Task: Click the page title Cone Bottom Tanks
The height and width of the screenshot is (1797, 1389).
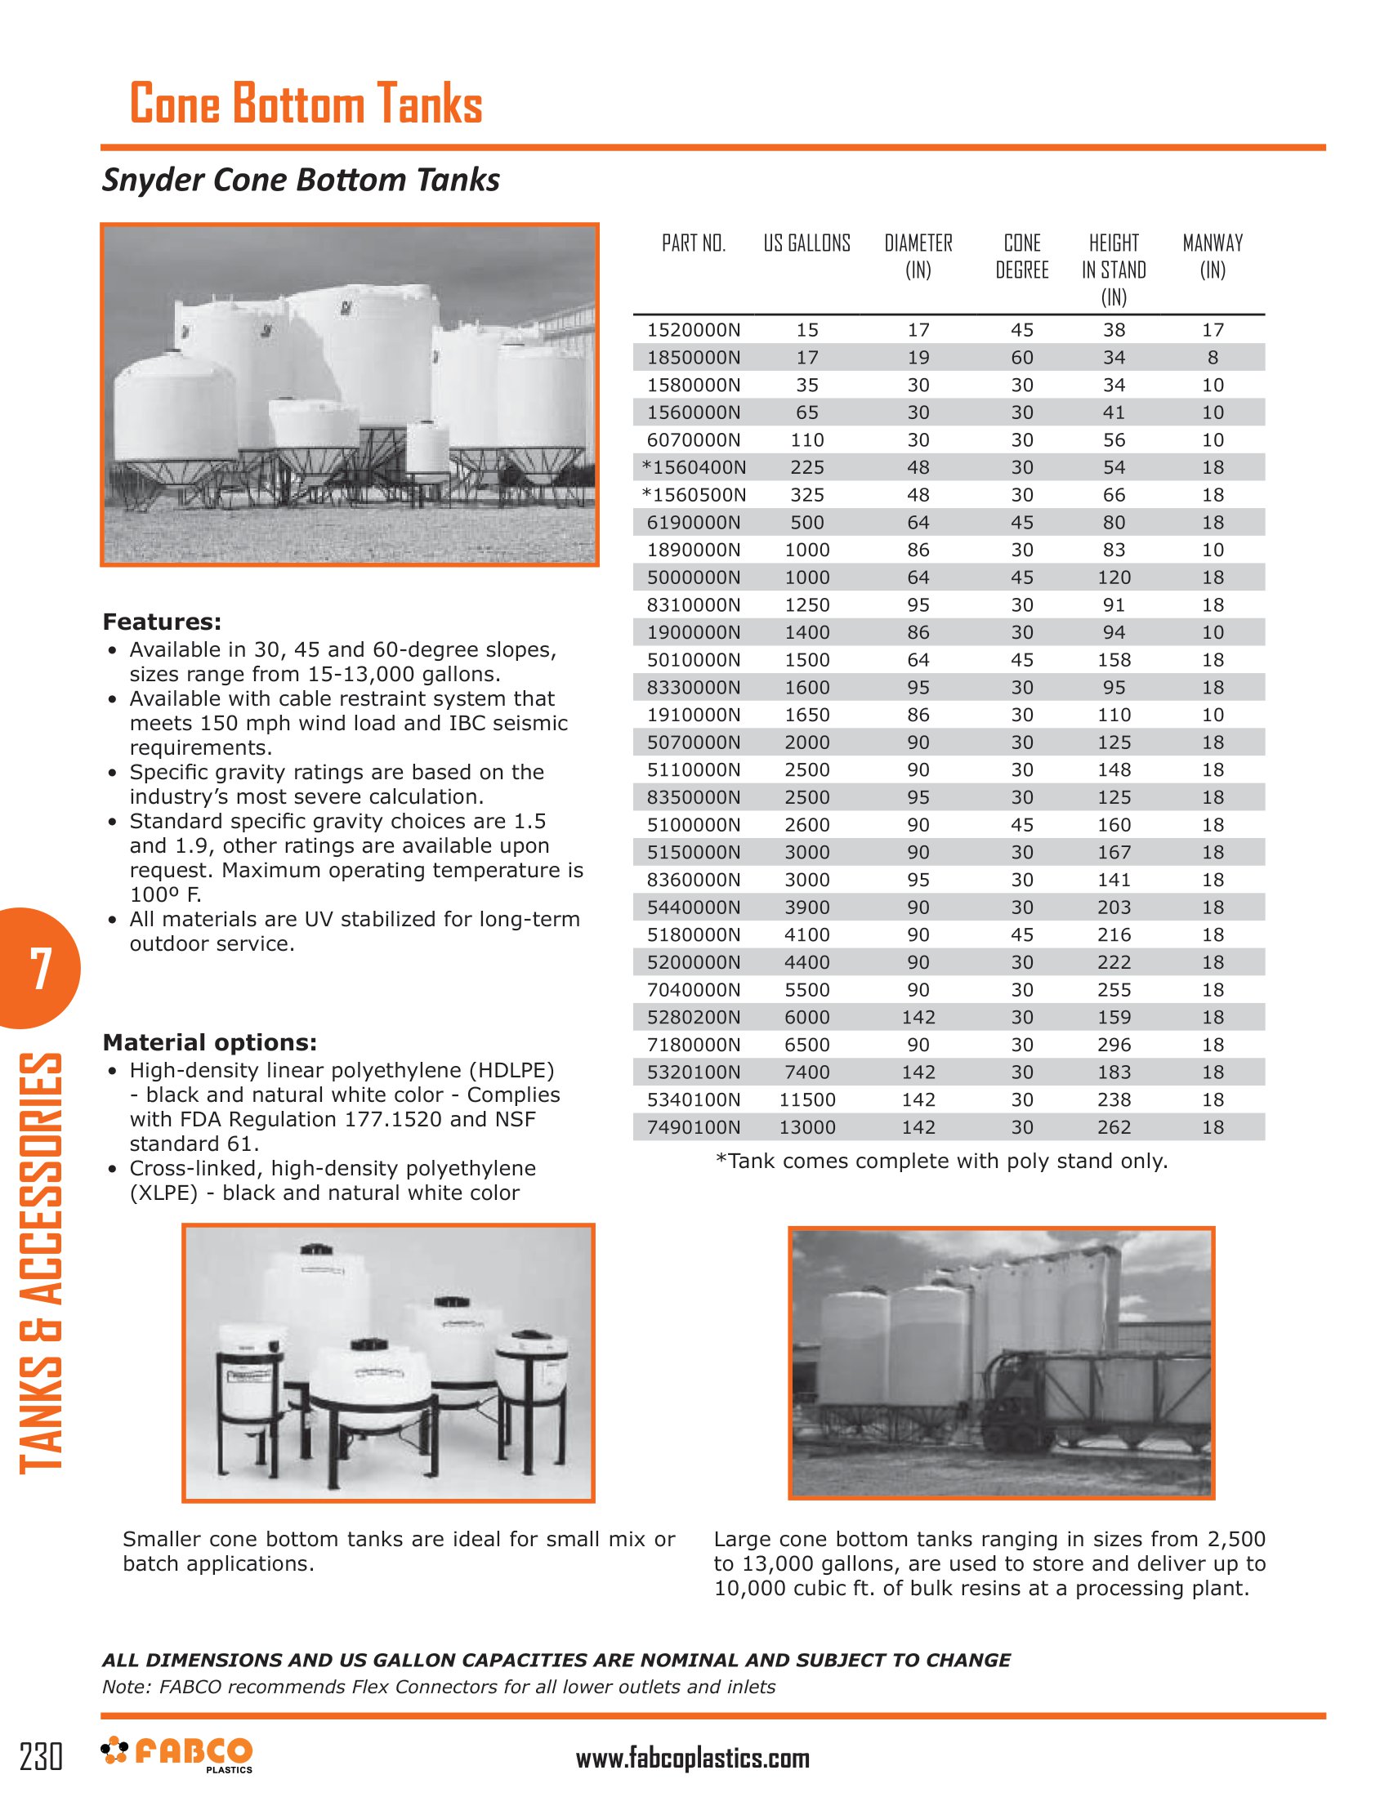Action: pyautogui.click(x=306, y=105)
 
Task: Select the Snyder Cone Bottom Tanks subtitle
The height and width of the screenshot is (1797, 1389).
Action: pyautogui.click(x=301, y=181)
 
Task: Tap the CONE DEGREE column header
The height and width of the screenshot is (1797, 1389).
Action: pyautogui.click(x=1021, y=256)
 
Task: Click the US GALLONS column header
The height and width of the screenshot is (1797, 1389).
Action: pyautogui.click(x=806, y=243)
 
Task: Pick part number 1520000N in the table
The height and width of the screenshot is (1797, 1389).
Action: pyautogui.click(x=693, y=330)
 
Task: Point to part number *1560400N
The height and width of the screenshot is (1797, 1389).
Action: pyautogui.click(x=693, y=467)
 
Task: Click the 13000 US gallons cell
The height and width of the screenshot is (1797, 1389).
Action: pyautogui.click(x=806, y=1127)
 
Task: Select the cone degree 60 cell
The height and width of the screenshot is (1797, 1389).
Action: pyautogui.click(x=1021, y=358)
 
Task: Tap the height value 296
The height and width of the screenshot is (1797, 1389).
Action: pyautogui.click(x=1114, y=1045)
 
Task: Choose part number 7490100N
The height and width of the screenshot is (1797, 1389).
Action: pyautogui.click(x=693, y=1127)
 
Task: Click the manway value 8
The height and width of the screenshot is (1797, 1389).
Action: pyautogui.click(x=1212, y=358)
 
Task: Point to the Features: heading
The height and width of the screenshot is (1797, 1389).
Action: pyautogui.click(x=161, y=622)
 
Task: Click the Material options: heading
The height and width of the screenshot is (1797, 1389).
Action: pyautogui.click(x=209, y=1042)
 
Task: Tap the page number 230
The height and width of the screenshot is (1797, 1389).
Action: pyautogui.click(x=40, y=1757)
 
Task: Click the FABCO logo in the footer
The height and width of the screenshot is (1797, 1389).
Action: pyautogui.click(x=177, y=1755)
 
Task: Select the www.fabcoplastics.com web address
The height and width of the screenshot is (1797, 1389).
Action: pyautogui.click(x=692, y=1759)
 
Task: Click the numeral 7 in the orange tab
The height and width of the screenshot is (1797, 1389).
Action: pyautogui.click(x=40, y=969)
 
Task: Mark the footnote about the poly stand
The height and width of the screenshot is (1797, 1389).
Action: pyautogui.click(x=941, y=1161)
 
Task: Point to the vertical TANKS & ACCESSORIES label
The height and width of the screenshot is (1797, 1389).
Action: pyautogui.click(x=40, y=1263)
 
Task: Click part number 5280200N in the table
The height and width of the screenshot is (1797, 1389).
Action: pyautogui.click(x=693, y=1018)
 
